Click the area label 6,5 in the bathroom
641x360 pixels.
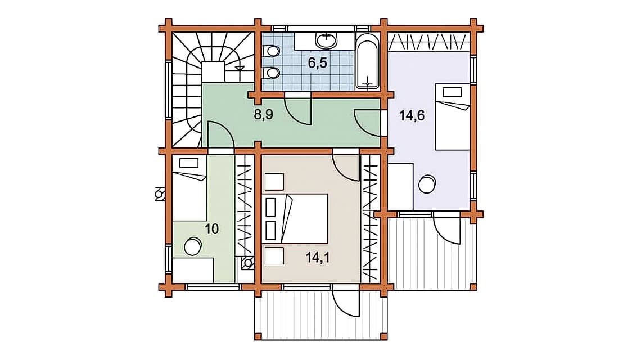tap(318, 64)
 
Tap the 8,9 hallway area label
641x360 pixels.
tap(263, 115)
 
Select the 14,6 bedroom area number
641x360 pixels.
tap(412, 116)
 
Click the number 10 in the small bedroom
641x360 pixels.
tap(211, 229)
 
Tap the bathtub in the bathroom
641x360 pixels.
tap(368, 62)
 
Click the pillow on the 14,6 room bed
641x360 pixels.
tap(452, 92)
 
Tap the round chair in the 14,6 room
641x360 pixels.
tap(427, 183)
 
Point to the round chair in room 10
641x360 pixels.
tap(192, 247)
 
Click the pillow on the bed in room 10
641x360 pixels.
tap(189, 163)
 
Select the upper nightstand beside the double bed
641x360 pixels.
tap(274, 182)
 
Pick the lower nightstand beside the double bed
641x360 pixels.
tap(274, 256)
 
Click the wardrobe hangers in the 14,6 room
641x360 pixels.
tap(428, 43)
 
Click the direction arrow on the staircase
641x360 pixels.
tap(239, 68)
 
